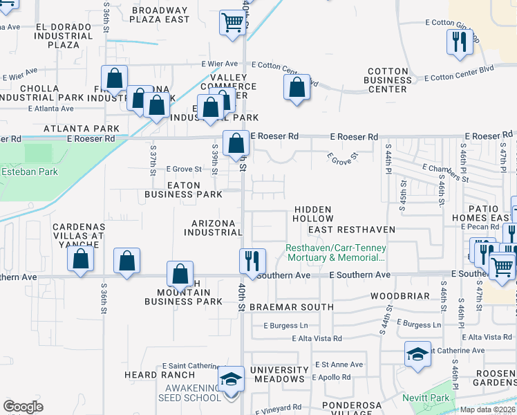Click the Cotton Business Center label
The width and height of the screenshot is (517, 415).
tap(388, 80)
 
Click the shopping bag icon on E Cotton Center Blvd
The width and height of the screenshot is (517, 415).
tap(297, 88)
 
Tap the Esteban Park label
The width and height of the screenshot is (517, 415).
tap(25, 171)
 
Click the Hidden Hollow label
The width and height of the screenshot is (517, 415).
tap(312, 214)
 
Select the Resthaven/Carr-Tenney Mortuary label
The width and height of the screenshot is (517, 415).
tap(337, 252)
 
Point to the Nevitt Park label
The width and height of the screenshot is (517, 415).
tap(426, 398)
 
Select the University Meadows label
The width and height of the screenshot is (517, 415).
tap(278, 374)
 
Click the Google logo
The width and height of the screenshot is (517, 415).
tap(23, 407)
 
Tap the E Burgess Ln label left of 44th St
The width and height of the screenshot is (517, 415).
tap(285, 324)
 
